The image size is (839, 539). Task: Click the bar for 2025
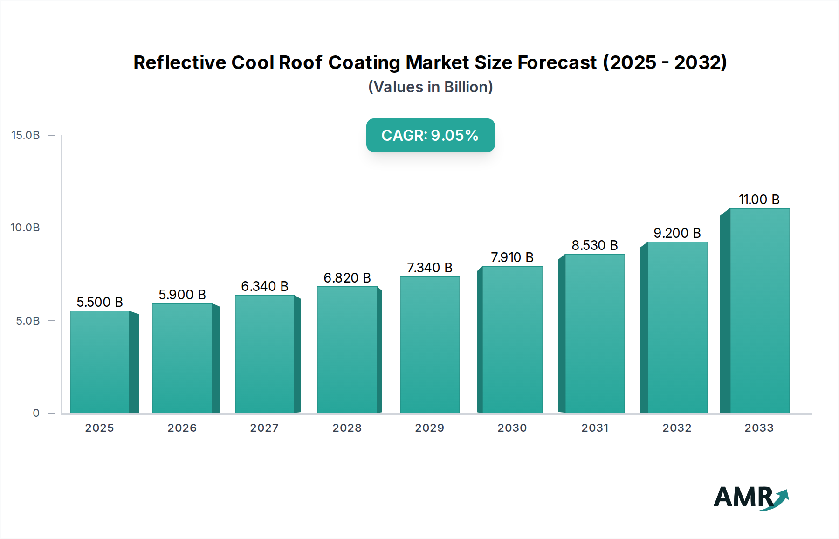100,362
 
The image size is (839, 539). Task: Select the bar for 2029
429,345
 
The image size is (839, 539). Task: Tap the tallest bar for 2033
759,311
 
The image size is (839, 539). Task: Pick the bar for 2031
594,333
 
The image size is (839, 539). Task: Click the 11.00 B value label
759,200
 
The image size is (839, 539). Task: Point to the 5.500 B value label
100,302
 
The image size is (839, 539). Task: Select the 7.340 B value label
429,268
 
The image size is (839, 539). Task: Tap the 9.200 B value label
677,233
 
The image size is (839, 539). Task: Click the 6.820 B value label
347,278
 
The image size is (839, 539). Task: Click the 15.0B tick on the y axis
26,135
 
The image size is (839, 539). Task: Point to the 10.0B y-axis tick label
26,228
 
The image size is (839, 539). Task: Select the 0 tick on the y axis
36,413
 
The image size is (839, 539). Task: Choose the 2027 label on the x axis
264,428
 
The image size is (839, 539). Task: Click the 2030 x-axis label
512,428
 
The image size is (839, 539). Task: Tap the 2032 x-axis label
677,428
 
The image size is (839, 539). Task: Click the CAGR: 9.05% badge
430,135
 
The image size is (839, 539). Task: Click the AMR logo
750,498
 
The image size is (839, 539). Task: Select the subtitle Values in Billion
430,87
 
